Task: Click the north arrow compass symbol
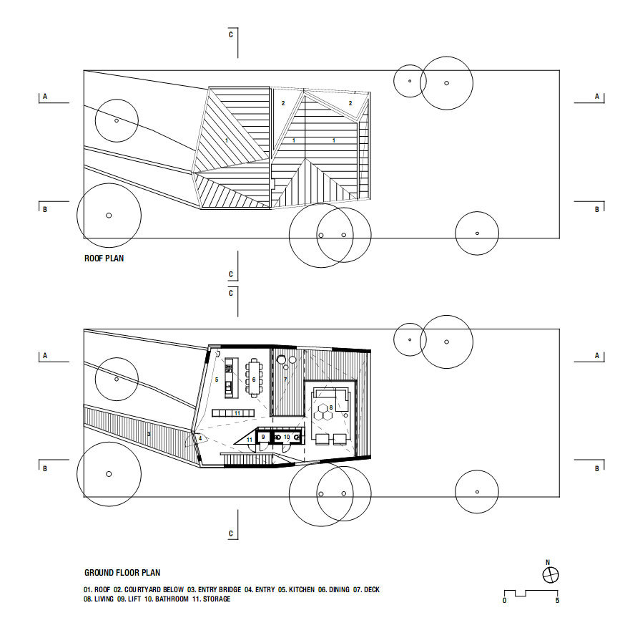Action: point(550,575)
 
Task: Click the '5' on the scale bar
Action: point(557,600)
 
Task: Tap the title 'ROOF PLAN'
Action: point(104,258)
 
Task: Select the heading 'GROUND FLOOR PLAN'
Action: point(122,573)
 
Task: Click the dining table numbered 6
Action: point(254,378)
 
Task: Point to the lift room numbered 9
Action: point(264,438)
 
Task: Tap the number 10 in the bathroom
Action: point(287,437)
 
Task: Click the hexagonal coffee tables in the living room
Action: point(323,412)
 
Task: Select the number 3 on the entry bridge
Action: point(149,434)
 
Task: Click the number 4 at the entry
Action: point(200,438)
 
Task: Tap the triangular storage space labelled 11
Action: point(247,437)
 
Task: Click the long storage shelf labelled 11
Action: point(233,414)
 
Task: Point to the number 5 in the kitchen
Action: point(217,380)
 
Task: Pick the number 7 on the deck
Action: point(285,380)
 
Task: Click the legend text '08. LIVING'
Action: point(99,599)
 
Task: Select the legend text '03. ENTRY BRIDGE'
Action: point(215,590)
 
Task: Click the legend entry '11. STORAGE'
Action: point(212,599)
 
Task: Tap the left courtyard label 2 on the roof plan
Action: point(283,103)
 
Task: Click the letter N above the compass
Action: point(548,562)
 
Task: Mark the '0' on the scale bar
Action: point(504,600)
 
